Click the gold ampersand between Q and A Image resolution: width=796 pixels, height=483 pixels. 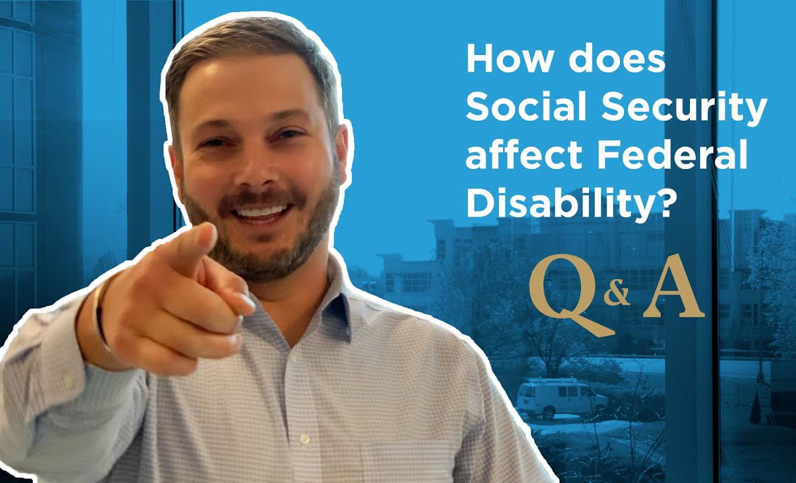click(617, 294)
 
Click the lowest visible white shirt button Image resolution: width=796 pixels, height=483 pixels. click(304, 439)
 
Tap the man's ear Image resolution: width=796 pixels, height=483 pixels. click(341, 152)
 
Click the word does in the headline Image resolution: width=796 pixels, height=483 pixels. click(616, 59)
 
